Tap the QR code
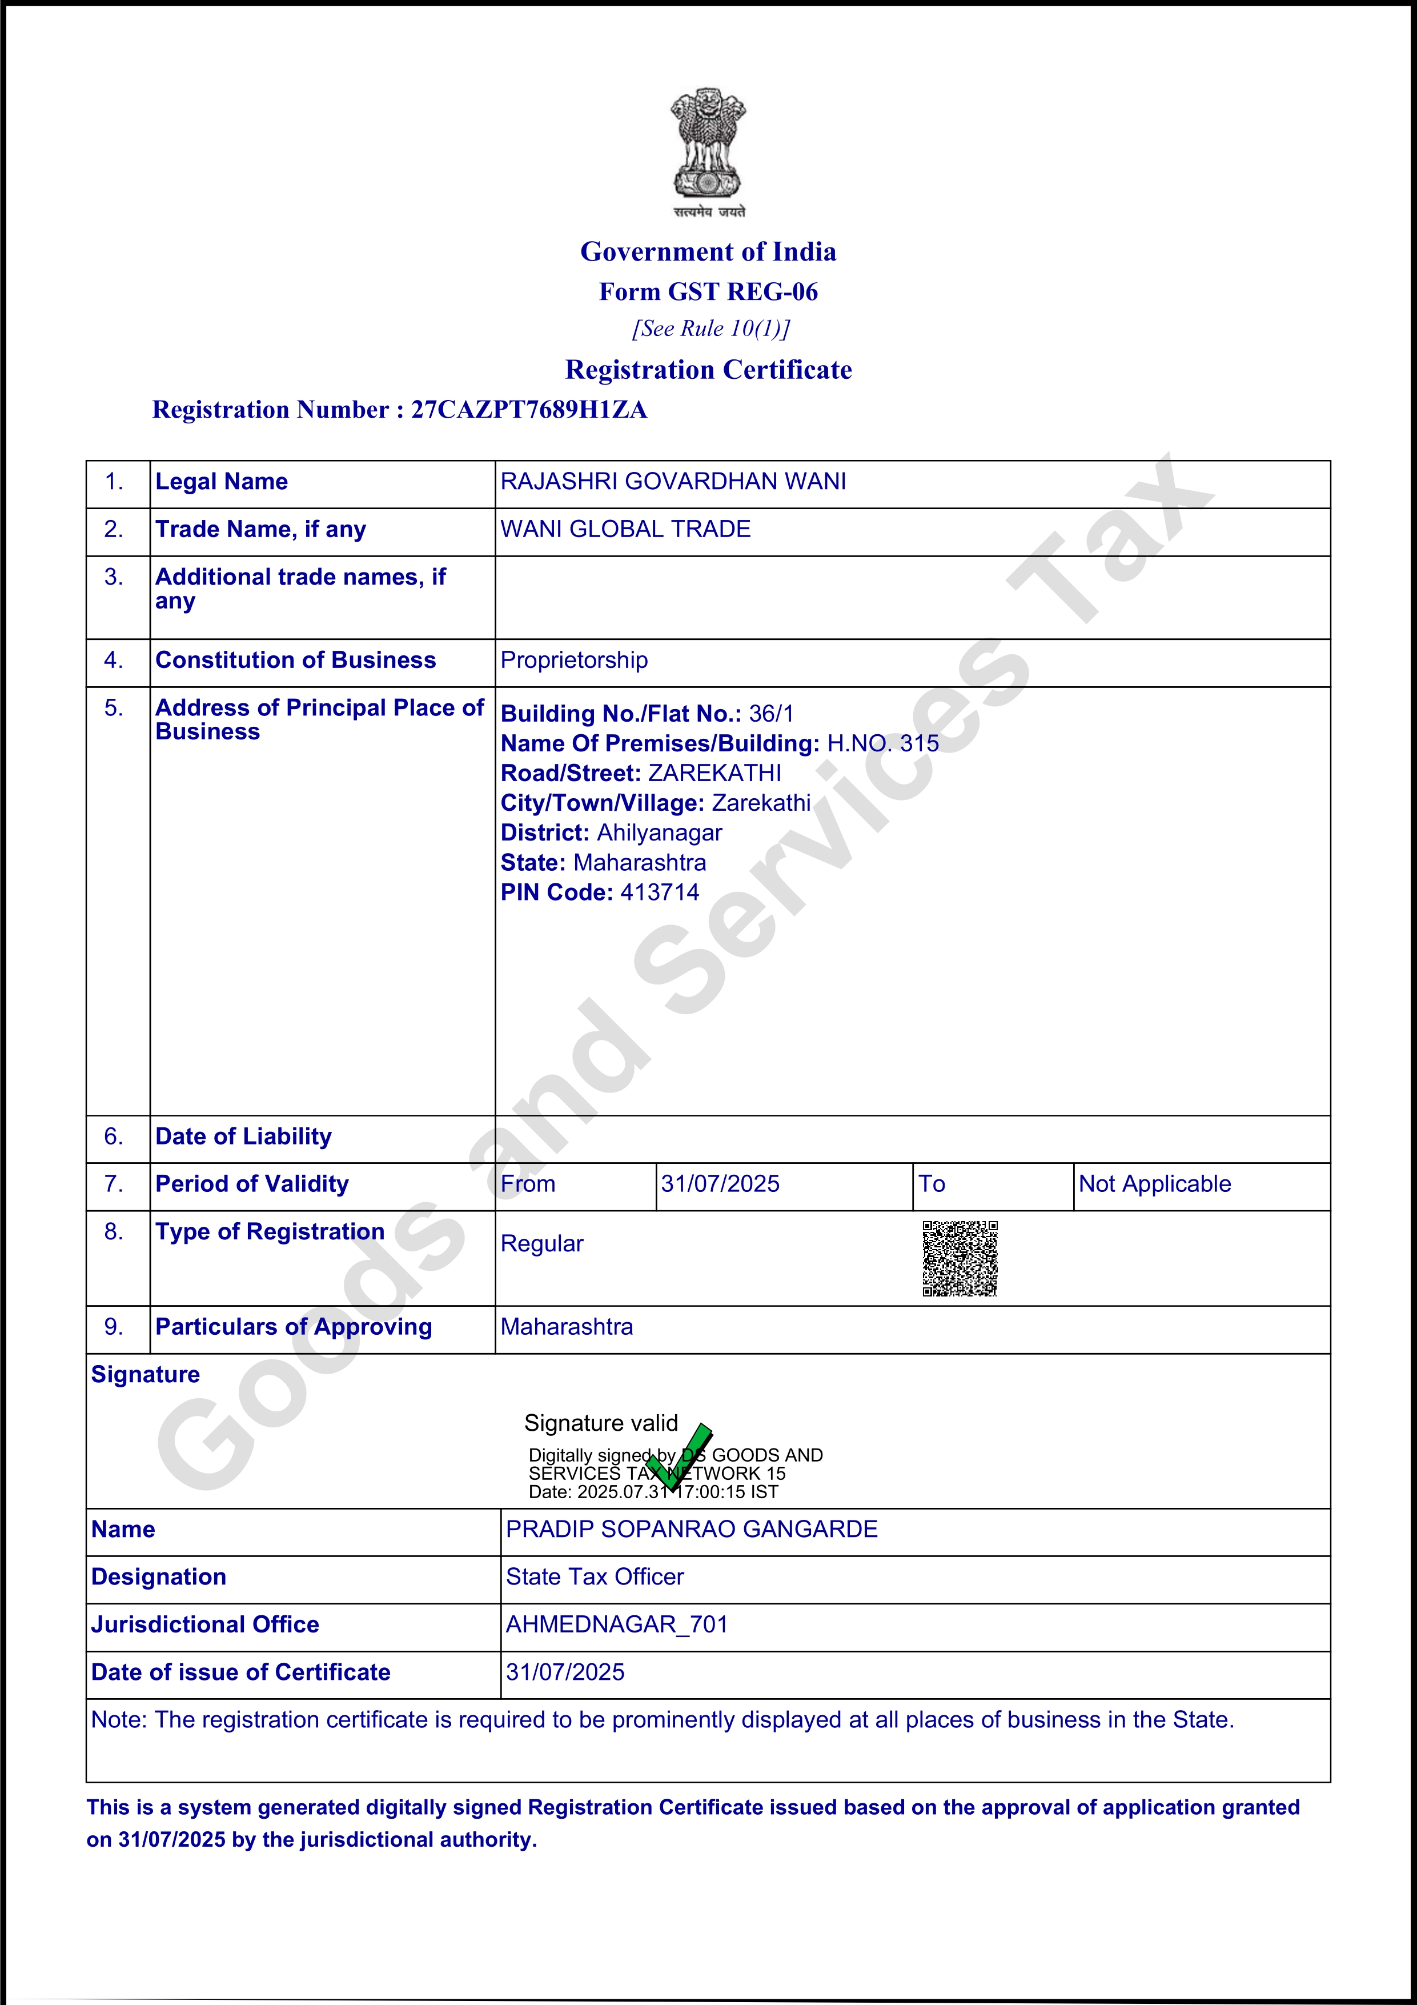(960, 1258)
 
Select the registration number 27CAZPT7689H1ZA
(529, 410)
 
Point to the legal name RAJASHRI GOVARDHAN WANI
(673, 482)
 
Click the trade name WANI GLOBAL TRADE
(625, 529)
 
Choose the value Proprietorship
(573, 660)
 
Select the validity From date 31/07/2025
(720, 1184)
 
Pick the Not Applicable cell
(1154, 1184)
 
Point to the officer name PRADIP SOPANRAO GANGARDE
(692, 1529)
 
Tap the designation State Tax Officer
(595, 1577)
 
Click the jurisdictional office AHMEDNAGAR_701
(616, 1624)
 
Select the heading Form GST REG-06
(708, 291)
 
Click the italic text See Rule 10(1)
(710, 329)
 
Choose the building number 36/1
(771, 714)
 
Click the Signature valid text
(601, 1423)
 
